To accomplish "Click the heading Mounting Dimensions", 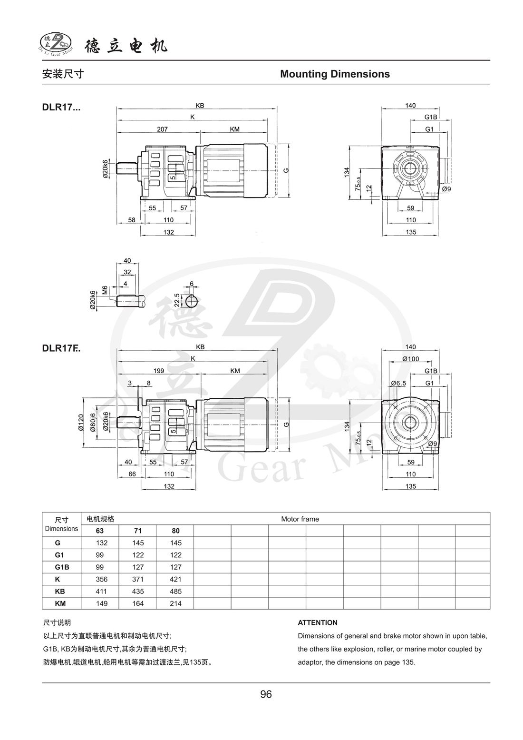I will [x=335, y=74].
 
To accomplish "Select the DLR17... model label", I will [x=61, y=107].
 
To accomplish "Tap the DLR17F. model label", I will [x=61, y=348].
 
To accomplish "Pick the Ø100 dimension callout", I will [x=410, y=358].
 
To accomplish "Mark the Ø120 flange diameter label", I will [x=81, y=423].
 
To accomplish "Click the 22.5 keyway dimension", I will [x=177, y=301].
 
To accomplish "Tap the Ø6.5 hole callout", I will [x=398, y=383].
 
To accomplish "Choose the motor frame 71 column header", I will [x=138, y=531].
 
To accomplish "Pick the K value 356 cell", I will [x=101, y=579].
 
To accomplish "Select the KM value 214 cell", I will [x=175, y=603].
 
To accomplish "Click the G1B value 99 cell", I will [x=101, y=567].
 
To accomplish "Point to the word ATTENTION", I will [x=318, y=622].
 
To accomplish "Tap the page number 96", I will [x=266, y=694].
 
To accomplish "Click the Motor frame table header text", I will [x=300, y=519].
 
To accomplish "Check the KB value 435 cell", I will [x=138, y=591].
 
